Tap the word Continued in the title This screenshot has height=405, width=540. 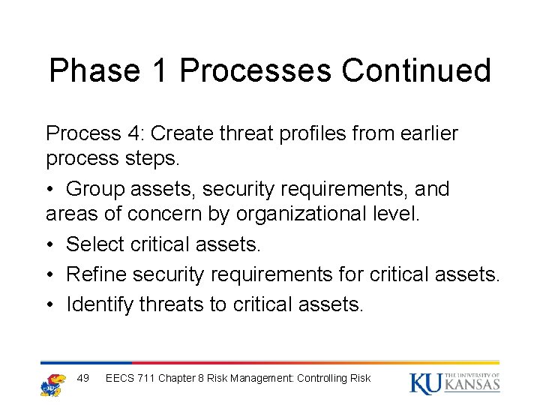(417, 70)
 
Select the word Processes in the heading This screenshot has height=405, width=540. (256, 70)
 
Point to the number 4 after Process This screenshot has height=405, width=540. (136, 133)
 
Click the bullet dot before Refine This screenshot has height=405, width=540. (51, 275)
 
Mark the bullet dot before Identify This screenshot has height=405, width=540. (51, 304)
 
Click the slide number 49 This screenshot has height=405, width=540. (83, 378)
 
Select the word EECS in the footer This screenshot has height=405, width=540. (120, 378)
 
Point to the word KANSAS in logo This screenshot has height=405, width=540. (472, 385)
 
